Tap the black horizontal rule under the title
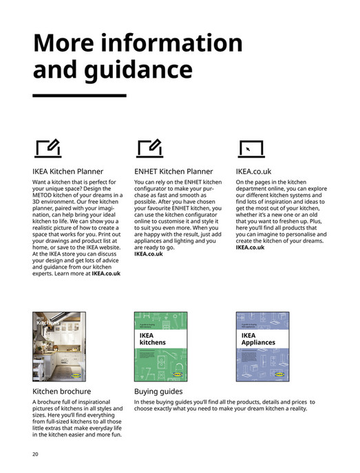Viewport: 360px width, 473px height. click(x=79, y=95)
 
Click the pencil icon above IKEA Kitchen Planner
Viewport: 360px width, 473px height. click(x=47, y=147)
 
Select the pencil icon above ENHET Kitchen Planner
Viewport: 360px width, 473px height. click(x=149, y=147)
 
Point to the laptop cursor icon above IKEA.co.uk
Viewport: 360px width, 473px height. click(x=249, y=148)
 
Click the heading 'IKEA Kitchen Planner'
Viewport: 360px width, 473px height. click(x=67, y=171)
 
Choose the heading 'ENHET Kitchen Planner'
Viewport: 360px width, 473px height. click(x=173, y=171)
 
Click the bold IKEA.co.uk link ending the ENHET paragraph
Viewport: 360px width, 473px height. click(x=149, y=254)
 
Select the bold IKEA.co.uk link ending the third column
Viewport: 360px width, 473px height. click(x=251, y=247)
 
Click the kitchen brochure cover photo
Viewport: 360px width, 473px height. click(x=60, y=348)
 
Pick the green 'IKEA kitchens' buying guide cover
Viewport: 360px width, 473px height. click(x=160, y=348)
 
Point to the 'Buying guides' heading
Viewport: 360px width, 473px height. click(x=160, y=392)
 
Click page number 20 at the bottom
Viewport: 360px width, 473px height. click(x=35, y=454)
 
